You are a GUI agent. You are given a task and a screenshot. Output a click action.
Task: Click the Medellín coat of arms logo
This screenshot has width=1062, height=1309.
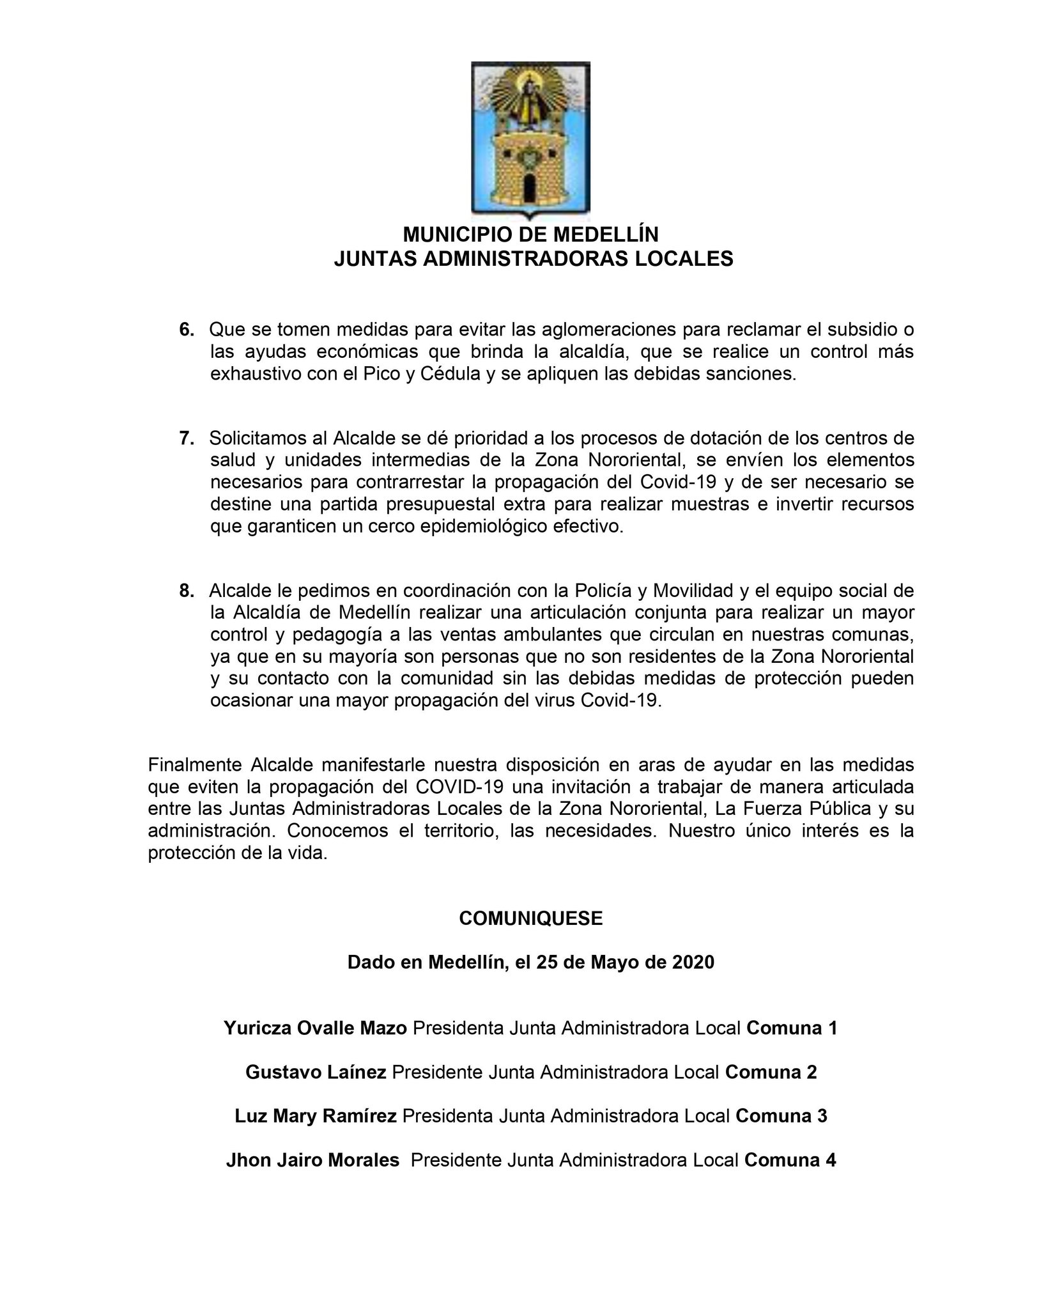530,140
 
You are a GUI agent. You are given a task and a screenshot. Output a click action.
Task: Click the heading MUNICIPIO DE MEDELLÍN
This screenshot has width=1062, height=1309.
530,235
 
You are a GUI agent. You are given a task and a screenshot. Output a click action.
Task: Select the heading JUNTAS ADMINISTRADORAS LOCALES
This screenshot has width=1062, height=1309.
533,259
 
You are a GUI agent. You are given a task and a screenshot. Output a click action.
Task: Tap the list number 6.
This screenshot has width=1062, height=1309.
187,330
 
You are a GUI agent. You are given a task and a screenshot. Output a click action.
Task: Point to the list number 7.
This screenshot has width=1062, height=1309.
187,438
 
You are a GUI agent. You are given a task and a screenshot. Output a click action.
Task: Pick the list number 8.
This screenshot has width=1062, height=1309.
187,591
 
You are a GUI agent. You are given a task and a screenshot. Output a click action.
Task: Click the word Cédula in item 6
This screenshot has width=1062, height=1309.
450,374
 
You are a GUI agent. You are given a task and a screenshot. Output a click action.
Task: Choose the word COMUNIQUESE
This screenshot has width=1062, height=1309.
530,918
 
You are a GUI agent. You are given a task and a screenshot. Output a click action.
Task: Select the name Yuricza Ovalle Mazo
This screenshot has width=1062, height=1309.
315,1046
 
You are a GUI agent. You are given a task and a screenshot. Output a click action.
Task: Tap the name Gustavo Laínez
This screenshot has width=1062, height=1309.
316,1090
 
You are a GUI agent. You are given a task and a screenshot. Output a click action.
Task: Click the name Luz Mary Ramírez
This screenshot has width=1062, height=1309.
316,1134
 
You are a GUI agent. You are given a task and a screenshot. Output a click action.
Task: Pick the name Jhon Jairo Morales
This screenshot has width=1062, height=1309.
312,1178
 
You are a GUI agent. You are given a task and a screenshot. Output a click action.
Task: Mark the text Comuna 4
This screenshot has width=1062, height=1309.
790,1178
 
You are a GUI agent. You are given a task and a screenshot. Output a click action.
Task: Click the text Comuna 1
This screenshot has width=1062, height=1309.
792,1046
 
